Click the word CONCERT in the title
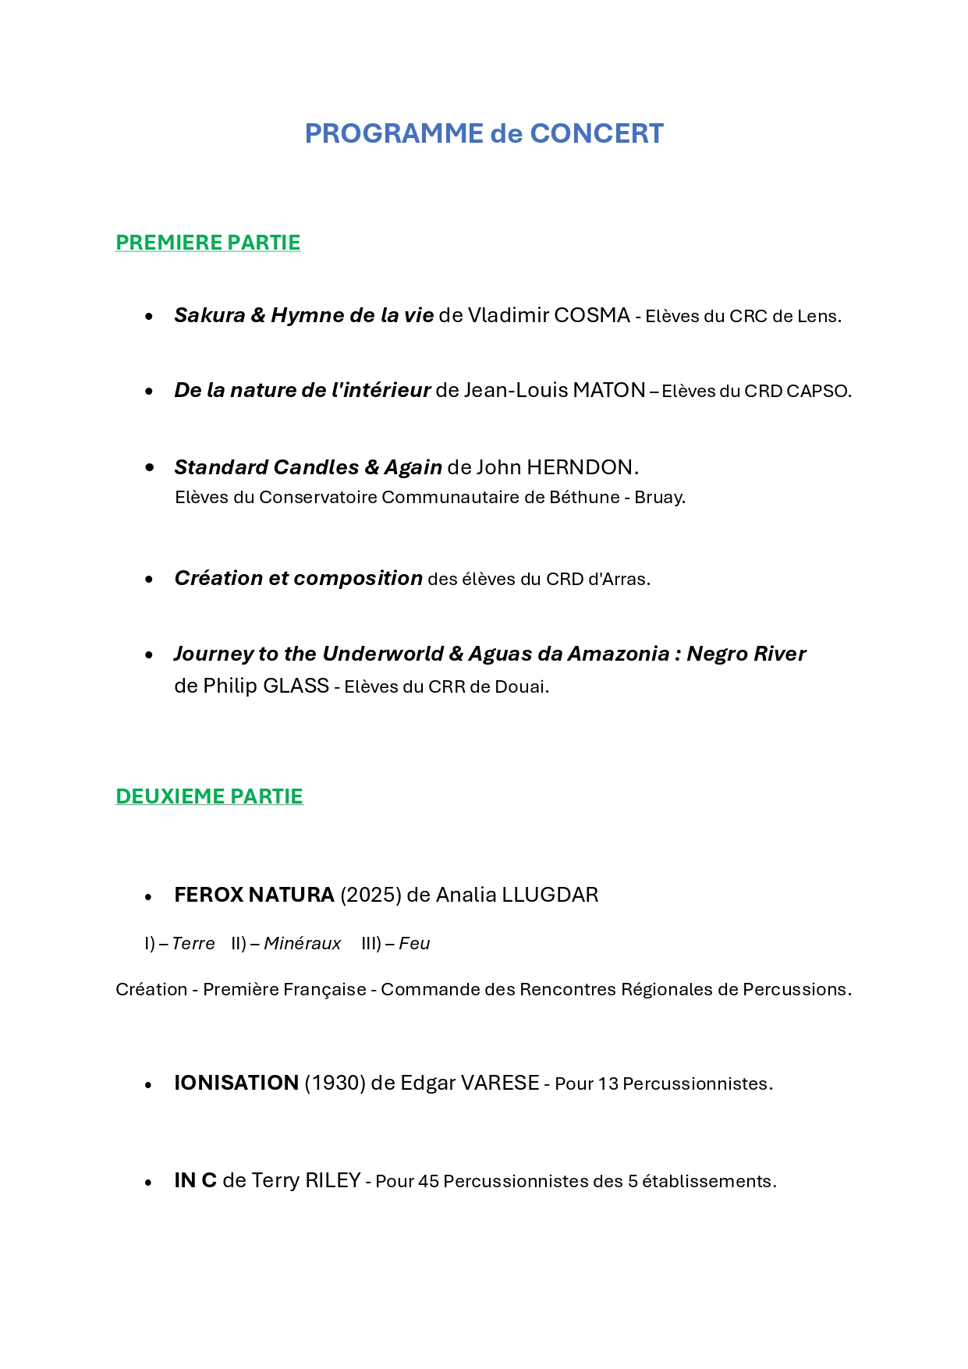point(597,133)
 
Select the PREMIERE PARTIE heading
point(207,243)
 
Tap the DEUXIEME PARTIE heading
point(209,796)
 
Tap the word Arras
point(626,579)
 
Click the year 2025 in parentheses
point(371,895)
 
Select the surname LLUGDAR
point(550,895)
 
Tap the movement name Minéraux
point(302,944)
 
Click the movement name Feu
point(414,944)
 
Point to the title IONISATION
point(236,1083)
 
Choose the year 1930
point(335,1083)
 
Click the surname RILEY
point(332,1180)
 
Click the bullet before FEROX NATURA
point(148,897)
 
